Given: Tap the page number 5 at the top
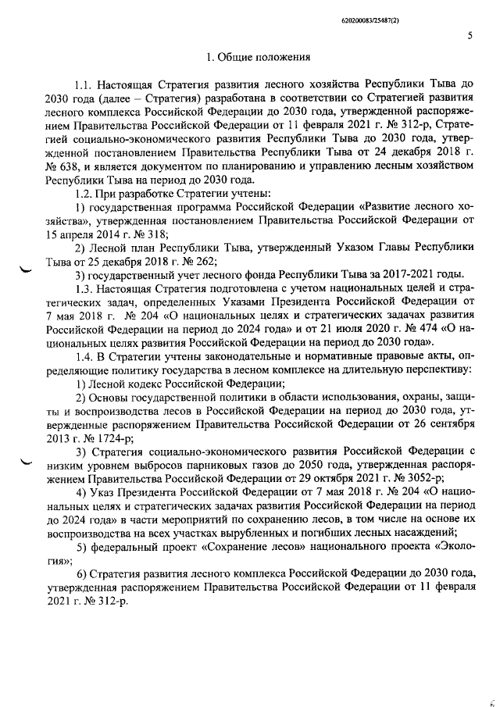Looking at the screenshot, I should coord(470,35).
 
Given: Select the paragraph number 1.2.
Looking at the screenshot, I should coord(85,192).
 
